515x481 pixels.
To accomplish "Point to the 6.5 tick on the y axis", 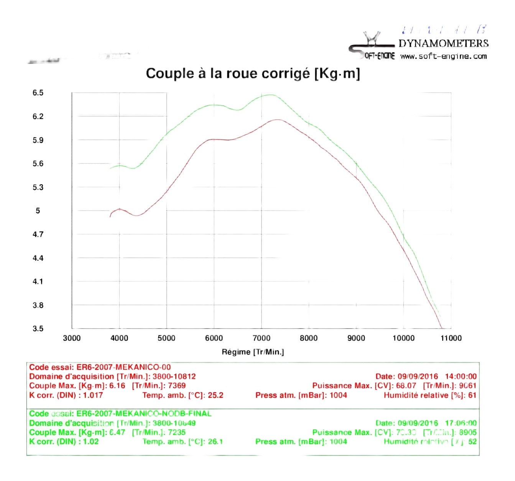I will point(38,93).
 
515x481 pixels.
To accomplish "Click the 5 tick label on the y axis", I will point(38,211).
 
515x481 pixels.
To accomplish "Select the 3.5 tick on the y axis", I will point(38,329).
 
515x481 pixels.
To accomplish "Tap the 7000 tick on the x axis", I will point(261,338).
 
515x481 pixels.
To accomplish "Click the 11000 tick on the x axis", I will point(451,338).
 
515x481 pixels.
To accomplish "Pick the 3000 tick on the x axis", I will point(72,338).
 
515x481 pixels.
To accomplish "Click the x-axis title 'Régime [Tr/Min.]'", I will point(253,352).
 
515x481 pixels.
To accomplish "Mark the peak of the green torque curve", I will point(270,95).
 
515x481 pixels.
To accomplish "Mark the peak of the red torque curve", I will point(277,120).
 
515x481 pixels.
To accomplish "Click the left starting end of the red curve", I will point(110,216).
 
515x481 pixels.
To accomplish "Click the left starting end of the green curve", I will point(110,168).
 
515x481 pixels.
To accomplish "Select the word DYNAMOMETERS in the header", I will point(443,43).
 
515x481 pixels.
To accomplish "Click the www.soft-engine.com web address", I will point(443,56).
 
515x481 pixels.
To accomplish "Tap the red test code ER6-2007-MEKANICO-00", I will point(123,367).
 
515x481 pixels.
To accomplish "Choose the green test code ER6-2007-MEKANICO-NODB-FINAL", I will point(144,414).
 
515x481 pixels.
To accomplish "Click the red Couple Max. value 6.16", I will point(117,386).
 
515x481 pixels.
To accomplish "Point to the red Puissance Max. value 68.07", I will point(406,386).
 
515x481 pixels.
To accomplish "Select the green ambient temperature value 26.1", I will point(215,442).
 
